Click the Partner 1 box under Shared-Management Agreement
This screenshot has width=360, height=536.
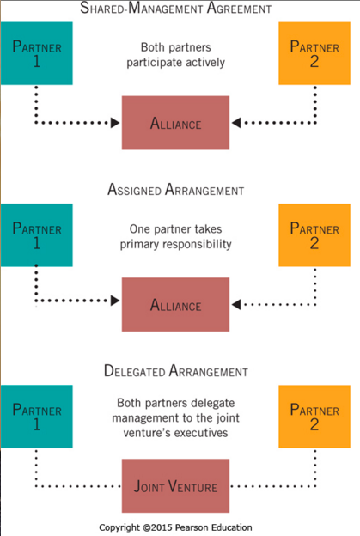(36, 52)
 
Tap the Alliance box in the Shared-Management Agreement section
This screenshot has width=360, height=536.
(176, 124)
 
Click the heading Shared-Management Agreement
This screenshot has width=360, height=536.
(176, 9)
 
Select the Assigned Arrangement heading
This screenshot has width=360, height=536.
(176, 189)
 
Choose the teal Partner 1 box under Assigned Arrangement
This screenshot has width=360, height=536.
(36, 234)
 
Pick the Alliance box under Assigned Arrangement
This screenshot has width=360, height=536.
(176, 305)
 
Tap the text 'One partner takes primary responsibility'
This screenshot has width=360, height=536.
(176, 236)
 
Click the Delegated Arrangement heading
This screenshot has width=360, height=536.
(176, 371)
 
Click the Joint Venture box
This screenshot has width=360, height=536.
(176, 487)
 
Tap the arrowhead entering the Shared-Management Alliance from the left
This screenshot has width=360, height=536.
(117, 124)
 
